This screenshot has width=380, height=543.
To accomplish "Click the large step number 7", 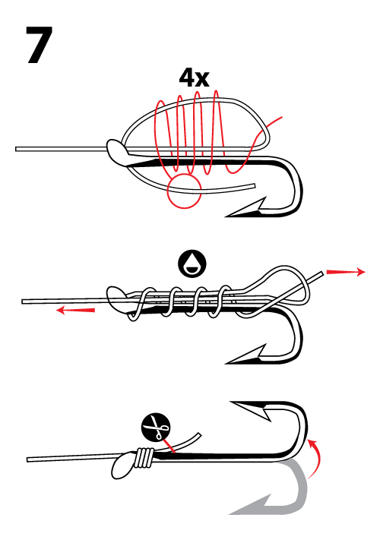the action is [x=39, y=45].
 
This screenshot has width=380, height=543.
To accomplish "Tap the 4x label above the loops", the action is [x=194, y=78].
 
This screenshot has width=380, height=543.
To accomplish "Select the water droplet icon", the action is [x=192, y=264].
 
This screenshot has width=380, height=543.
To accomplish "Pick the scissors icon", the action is [x=156, y=428].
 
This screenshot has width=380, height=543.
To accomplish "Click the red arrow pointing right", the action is [x=346, y=272].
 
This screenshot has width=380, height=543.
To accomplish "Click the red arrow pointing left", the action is [x=75, y=310].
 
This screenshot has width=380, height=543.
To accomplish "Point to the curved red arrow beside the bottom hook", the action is [x=316, y=458].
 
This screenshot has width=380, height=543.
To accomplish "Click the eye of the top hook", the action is [x=117, y=152].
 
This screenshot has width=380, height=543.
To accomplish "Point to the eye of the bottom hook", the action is [x=124, y=465].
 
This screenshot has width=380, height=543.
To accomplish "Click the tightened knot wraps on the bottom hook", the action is [x=145, y=457].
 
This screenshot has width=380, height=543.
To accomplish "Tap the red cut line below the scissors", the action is [x=168, y=446].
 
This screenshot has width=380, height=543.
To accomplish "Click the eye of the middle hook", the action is [x=117, y=299].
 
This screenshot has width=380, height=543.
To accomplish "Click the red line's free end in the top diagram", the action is [x=282, y=118].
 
